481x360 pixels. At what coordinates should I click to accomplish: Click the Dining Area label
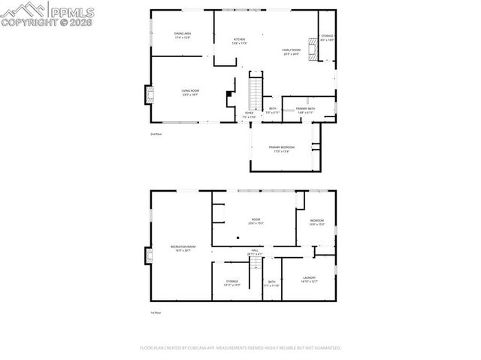(x=182, y=35)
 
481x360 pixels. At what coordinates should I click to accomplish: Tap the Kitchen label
(x=239, y=41)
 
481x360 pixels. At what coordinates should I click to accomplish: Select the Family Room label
(x=291, y=51)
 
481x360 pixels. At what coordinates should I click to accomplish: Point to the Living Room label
(x=189, y=92)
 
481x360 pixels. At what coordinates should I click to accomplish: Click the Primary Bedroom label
(x=281, y=148)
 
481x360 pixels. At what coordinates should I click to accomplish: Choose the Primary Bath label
(x=305, y=110)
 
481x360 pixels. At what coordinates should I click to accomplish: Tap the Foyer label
(x=249, y=115)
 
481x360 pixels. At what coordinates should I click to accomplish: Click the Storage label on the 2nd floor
(x=327, y=37)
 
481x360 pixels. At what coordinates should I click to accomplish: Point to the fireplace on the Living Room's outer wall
(x=148, y=95)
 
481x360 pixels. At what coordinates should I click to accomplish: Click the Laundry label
(x=309, y=279)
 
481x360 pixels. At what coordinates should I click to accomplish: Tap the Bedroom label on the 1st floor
(x=316, y=222)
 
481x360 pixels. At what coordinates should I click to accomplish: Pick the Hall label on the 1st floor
(x=255, y=253)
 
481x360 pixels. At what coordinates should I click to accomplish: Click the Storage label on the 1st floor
(x=231, y=283)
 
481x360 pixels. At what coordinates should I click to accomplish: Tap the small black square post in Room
(x=238, y=237)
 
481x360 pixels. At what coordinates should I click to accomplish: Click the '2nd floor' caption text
(x=156, y=134)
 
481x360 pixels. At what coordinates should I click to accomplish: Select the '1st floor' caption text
(x=156, y=313)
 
